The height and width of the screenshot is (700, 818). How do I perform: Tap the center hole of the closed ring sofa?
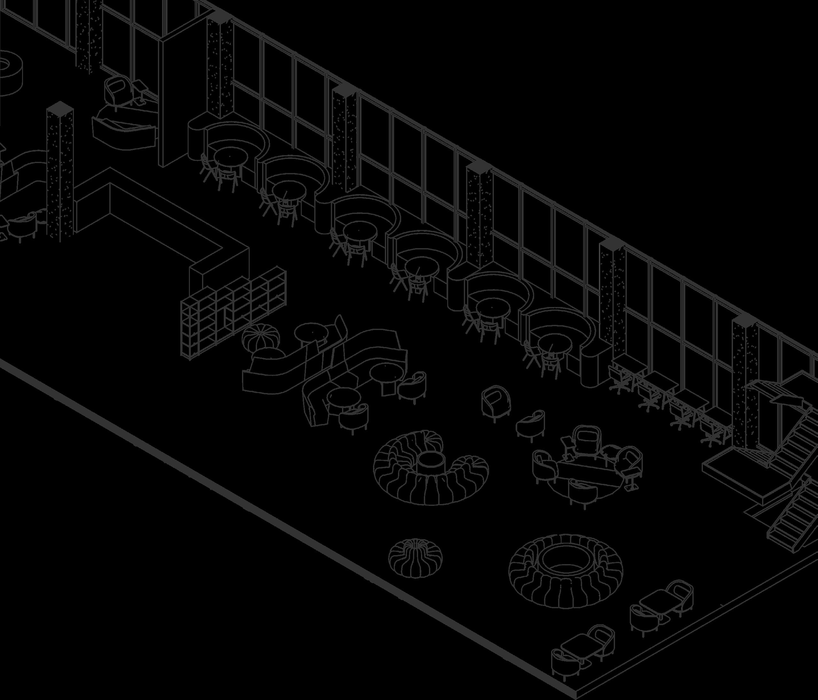click(563, 561)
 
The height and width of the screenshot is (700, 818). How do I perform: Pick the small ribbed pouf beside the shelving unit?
click(261, 336)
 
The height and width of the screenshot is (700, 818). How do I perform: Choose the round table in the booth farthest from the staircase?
click(231, 157)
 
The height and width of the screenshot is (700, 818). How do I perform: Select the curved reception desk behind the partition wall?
click(124, 132)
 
